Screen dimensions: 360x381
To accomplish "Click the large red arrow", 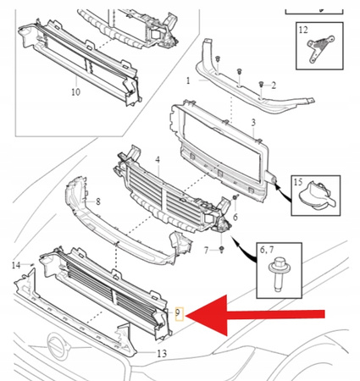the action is [x=254, y=315].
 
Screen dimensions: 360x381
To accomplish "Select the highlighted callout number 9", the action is [x=178, y=313].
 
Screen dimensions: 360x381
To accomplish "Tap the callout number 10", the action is [x=75, y=92].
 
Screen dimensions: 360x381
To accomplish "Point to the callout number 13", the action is [x=162, y=353].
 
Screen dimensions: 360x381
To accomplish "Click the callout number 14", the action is [x=16, y=265].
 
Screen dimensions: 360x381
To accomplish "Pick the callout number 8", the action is [x=98, y=202].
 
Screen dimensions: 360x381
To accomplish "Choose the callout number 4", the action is [x=158, y=160].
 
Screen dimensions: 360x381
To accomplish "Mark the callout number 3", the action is [x=253, y=123].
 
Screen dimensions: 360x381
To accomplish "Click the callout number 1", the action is [x=188, y=80].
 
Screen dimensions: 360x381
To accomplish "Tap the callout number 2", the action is [x=274, y=86].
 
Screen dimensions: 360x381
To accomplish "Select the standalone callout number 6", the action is [x=235, y=217].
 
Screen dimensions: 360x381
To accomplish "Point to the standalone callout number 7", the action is [x=207, y=251].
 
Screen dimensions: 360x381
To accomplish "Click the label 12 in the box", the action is [x=303, y=30].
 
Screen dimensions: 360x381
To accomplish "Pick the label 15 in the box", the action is [x=298, y=182].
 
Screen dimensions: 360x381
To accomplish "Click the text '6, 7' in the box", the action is [x=267, y=250].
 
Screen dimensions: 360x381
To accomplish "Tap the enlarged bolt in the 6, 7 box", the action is [x=277, y=273].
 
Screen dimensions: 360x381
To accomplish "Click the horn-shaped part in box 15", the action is [x=316, y=196].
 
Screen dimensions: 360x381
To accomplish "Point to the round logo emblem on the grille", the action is [x=58, y=346].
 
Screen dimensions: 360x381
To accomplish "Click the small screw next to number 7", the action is [x=222, y=249].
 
